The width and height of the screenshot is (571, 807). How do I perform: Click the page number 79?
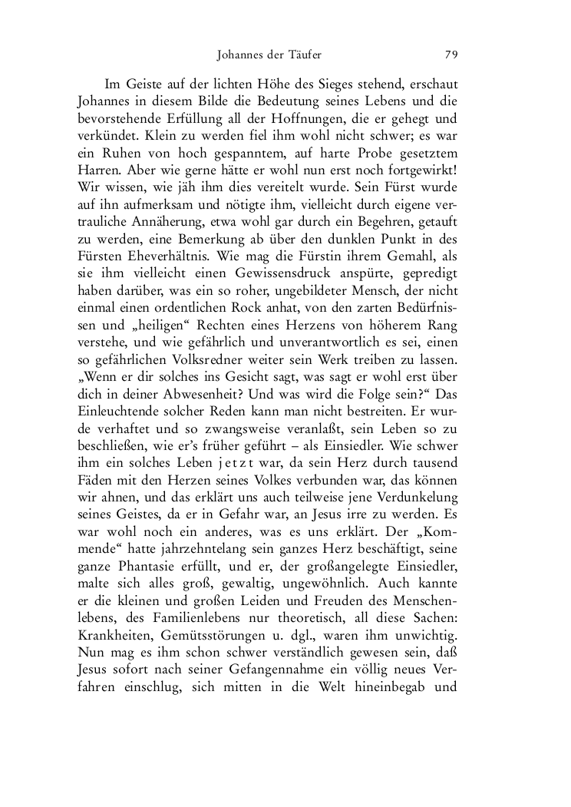451,55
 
